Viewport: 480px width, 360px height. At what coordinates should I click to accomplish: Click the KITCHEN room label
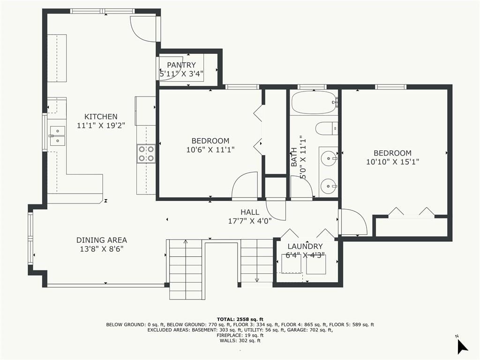[101, 117]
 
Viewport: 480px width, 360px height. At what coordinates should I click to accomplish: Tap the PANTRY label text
[181, 65]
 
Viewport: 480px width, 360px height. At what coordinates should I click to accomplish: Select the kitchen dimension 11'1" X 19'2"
[101, 125]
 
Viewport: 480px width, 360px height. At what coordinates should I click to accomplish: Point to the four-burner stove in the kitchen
[146, 154]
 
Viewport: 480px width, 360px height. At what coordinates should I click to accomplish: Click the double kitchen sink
[57, 135]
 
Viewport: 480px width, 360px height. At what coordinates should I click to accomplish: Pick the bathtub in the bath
[315, 102]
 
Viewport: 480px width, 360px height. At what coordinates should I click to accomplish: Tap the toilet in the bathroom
[326, 128]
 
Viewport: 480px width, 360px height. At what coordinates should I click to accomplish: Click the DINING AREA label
[102, 240]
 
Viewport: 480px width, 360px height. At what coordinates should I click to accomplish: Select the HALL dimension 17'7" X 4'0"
[250, 221]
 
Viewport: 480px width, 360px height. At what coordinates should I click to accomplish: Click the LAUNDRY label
[305, 247]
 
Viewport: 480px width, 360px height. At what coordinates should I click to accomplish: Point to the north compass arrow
[462, 346]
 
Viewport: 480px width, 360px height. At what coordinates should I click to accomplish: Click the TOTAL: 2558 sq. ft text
[240, 319]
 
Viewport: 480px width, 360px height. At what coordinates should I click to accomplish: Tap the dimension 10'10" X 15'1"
[392, 162]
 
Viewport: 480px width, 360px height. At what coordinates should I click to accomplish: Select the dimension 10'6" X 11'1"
[210, 150]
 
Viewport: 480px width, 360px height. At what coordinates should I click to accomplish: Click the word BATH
[294, 157]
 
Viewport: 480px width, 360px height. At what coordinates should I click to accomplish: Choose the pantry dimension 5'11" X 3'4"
[181, 74]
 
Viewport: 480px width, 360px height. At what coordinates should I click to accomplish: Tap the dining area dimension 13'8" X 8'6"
[102, 249]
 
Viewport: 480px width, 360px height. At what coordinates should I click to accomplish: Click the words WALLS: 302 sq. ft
[240, 340]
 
